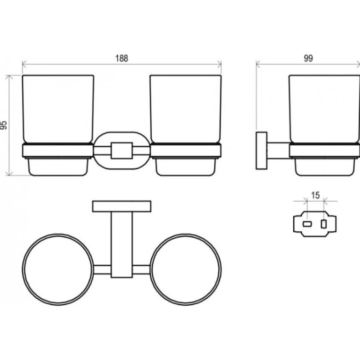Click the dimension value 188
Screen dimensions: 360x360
tap(122, 58)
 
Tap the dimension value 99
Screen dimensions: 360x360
tap(308, 58)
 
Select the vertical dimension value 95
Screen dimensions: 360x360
tap(4, 125)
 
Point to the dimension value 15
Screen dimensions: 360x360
tap(316, 195)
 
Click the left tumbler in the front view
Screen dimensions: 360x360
tap(58, 109)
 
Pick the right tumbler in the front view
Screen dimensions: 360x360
tap(186, 109)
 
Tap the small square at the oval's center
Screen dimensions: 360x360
tap(122, 151)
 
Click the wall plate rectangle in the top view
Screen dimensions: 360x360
tap(122, 206)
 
